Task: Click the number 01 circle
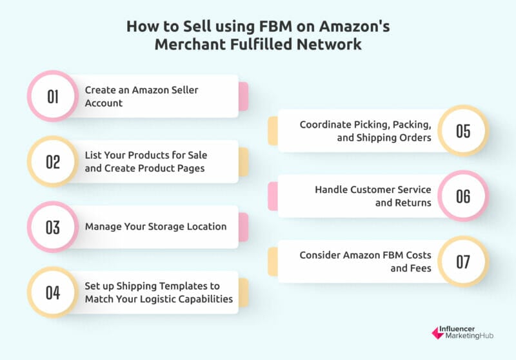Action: tap(53, 96)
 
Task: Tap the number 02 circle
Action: tap(53, 161)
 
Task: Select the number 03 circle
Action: tap(53, 227)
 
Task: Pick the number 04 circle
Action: tap(53, 292)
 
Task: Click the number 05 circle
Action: tap(463, 130)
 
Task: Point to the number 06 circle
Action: tap(463, 196)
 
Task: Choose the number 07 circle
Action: tap(463, 261)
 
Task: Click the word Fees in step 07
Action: tap(421, 268)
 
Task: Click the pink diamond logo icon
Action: tap(438, 333)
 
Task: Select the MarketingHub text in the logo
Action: tap(470, 335)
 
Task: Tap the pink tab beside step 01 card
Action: tap(244, 96)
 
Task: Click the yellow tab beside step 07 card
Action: tap(273, 261)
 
